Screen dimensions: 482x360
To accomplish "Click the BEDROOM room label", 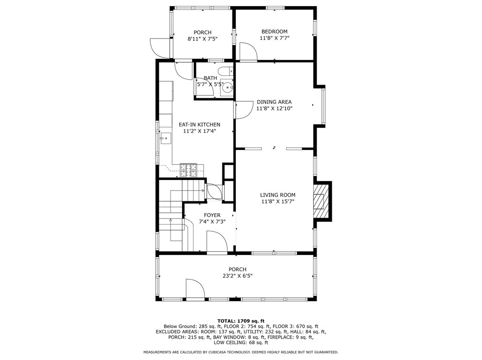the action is pyautogui.click(x=274, y=31).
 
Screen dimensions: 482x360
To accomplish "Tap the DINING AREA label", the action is pyautogui.click(x=274, y=102).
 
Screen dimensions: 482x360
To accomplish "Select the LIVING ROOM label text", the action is pyautogui.click(x=278, y=195).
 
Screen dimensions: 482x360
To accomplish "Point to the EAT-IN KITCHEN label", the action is pyautogui.click(x=200, y=124).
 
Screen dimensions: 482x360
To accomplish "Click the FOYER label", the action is pyautogui.click(x=212, y=215).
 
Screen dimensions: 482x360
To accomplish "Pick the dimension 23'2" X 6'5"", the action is pyautogui.click(x=237, y=276).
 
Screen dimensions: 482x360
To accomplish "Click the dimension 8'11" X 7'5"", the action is pyautogui.click(x=202, y=39).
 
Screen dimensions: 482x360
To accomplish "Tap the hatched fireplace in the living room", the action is pyautogui.click(x=320, y=201).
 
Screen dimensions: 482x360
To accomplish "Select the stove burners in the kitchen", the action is pyautogui.click(x=188, y=170).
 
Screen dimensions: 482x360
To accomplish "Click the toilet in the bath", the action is pyautogui.click(x=228, y=71).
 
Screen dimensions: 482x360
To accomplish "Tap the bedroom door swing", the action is pyautogui.click(x=248, y=51).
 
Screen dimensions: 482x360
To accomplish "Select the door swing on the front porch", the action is pyautogui.click(x=195, y=288).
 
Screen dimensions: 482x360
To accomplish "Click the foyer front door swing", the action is pyautogui.click(x=217, y=242).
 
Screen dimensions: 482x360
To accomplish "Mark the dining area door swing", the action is pyautogui.click(x=242, y=110).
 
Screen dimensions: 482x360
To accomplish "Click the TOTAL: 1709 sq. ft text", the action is pyautogui.click(x=241, y=321).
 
